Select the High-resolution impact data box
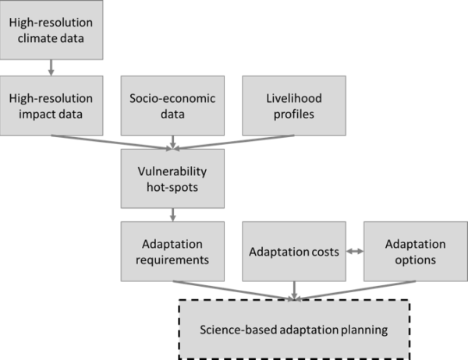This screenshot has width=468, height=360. pos(51,105)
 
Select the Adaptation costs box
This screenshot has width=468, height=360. pos(294,252)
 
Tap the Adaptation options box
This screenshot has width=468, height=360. pos(416,252)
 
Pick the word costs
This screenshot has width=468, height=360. pos(323,252)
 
